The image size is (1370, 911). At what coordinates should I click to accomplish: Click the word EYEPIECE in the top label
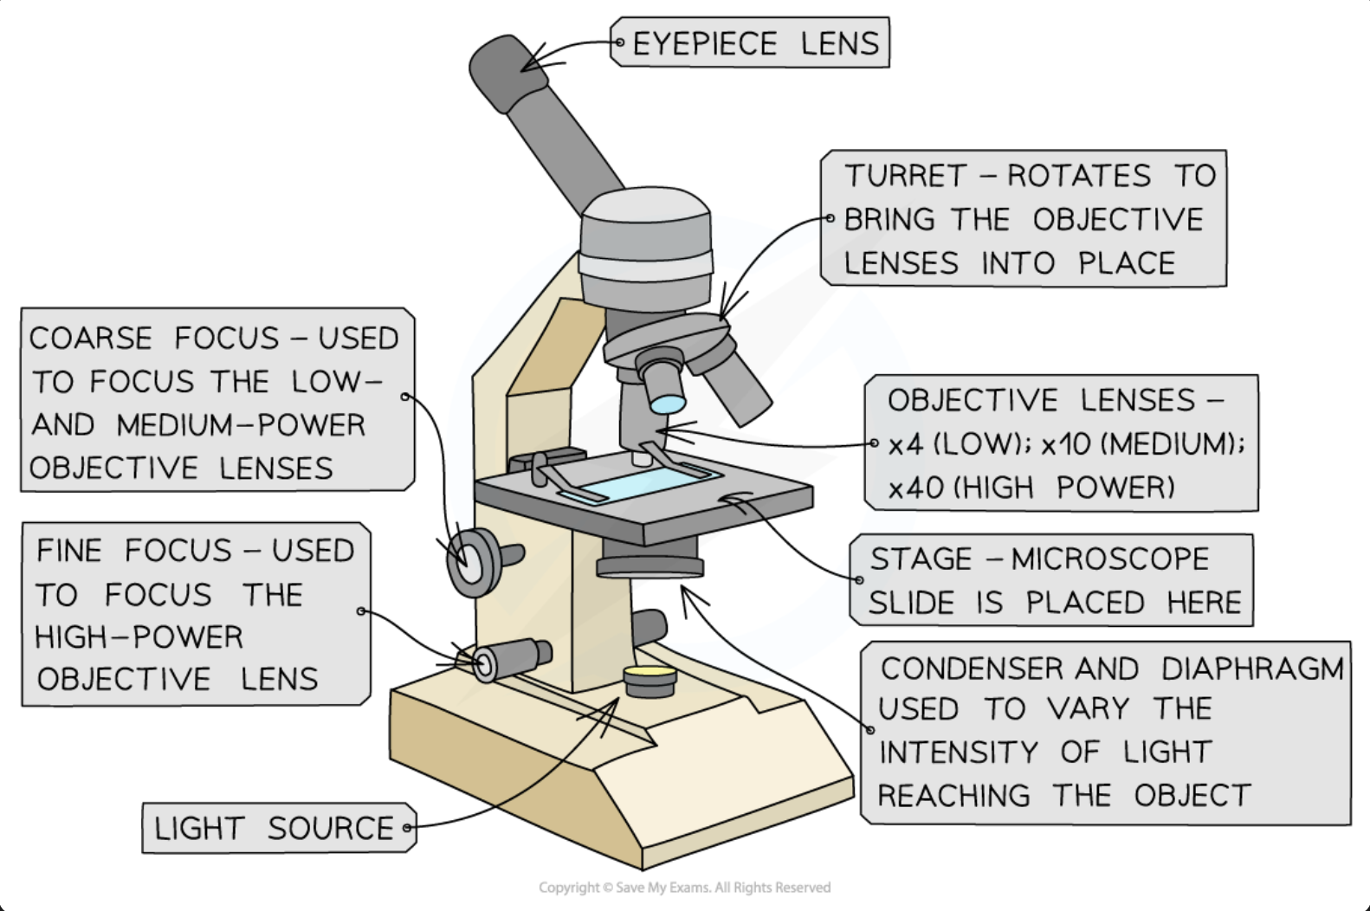point(705,43)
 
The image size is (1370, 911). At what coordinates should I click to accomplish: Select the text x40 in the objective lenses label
point(915,488)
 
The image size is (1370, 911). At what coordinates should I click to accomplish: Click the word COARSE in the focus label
point(91,338)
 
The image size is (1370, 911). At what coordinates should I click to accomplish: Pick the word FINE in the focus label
point(69,551)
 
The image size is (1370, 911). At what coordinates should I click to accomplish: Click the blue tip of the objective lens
point(667,404)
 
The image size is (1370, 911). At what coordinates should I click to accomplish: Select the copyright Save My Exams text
point(684,888)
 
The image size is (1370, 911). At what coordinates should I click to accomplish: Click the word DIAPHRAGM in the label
point(1252,669)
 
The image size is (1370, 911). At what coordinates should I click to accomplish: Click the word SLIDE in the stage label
point(917,603)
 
